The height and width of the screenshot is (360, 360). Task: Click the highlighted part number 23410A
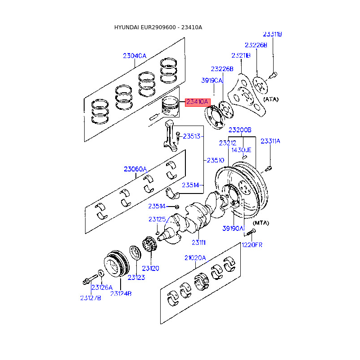click(x=198, y=102)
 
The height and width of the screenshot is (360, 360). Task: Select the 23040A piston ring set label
click(x=135, y=56)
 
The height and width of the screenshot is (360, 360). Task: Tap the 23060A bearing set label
click(x=135, y=169)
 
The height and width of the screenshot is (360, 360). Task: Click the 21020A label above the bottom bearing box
click(x=195, y=258)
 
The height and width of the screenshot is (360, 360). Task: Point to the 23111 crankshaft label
click(x=198, y=243)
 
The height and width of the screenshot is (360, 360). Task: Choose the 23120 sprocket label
click(x=150, y=268)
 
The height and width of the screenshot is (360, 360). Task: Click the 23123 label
click(x=136, y=277)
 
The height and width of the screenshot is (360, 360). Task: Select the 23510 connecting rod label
click(x=216, y=160)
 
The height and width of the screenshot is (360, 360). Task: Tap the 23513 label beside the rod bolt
click(x=192, y=136)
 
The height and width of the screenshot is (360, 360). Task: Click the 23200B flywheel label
click(x=240, y=130)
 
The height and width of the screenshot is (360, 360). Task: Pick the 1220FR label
click(x=252, y=245)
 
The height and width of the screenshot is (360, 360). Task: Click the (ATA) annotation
click(x=271, y=99)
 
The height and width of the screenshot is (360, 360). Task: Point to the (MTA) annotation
click(x=261, y=223)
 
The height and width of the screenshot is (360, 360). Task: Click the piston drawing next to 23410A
click(x=170, y=107)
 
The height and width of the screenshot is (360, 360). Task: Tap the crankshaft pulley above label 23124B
click(x=117, y=264)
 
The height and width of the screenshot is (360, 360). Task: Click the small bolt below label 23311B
click(x=273, y=75)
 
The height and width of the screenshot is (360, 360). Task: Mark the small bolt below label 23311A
click(x=268, y=169)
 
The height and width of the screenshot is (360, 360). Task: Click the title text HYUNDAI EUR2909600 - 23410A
click(x=158, y=27)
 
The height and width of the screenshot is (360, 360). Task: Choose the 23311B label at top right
click(x=272, y=34)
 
